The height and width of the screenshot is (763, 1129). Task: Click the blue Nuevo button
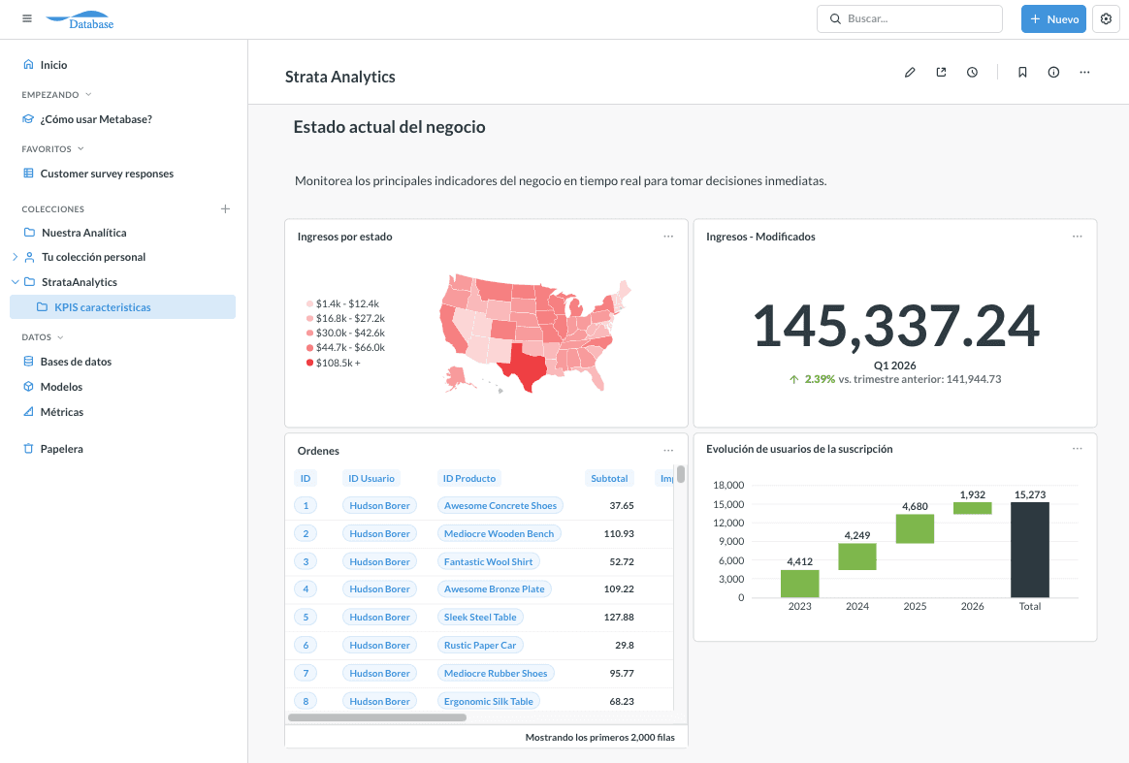click(1053, 19)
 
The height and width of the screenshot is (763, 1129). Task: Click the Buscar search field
click(910, 19)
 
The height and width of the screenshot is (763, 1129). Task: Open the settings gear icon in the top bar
click(1106, 19)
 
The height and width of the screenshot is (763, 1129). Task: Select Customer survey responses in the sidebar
click(107, 174)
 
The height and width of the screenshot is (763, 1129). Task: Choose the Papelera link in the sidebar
click(61, 449)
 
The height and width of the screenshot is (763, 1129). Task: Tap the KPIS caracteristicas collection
click(102, 307)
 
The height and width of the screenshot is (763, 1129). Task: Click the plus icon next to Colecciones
click(225, 208)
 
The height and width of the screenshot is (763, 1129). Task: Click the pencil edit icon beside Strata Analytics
click(910, 72)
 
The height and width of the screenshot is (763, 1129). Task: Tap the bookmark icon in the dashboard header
click(1022, 72)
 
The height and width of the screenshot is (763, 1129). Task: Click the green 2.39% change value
click(820, 379)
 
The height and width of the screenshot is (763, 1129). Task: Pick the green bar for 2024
click(856, 556)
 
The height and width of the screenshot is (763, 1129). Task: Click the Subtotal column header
click(609, 478)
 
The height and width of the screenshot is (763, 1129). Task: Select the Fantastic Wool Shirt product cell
click(488, 561)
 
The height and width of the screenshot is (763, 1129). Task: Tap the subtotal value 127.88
click(618, 617)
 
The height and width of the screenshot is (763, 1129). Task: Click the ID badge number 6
click(306, 645)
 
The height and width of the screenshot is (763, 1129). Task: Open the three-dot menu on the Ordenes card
click(668, 450)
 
